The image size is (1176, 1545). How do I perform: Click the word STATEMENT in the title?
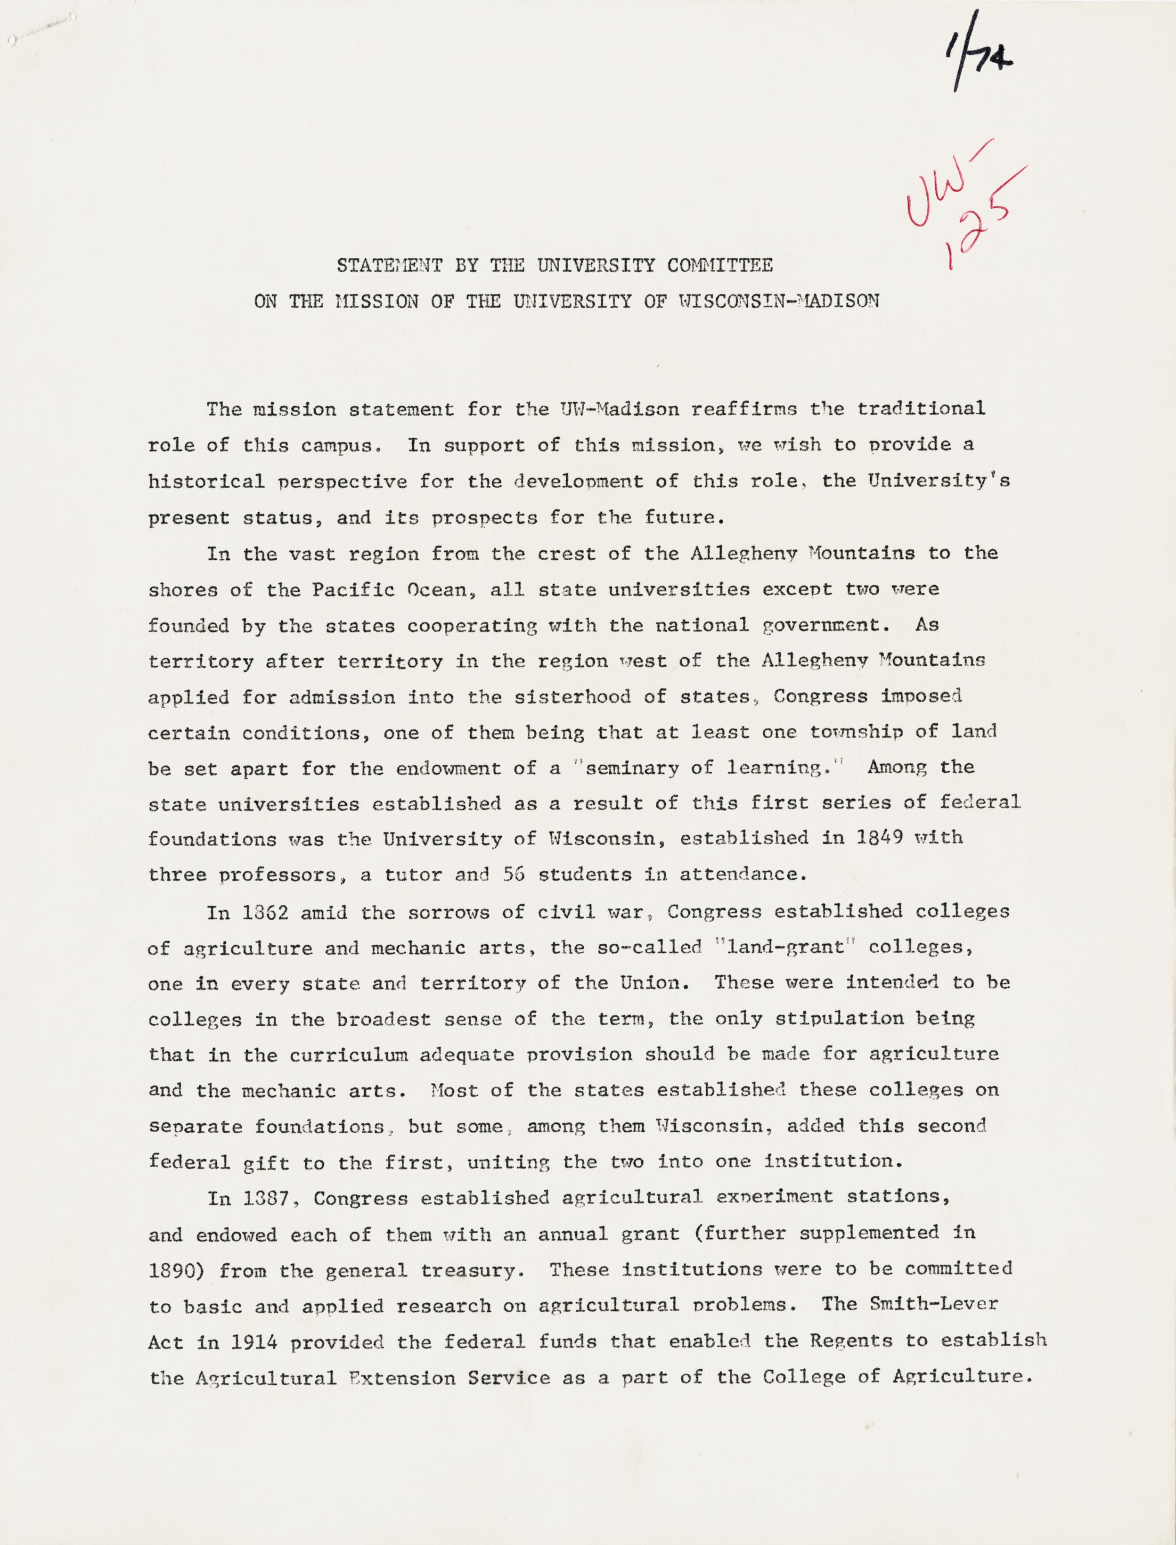[x=389, y=266]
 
